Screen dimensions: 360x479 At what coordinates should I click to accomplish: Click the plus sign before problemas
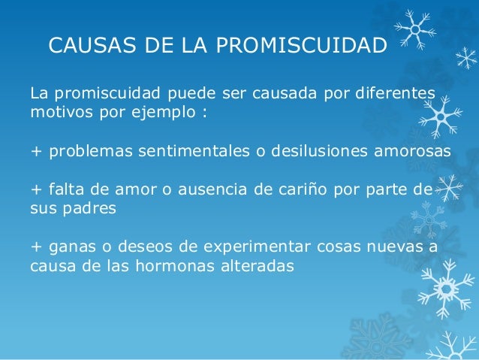click(35, 151)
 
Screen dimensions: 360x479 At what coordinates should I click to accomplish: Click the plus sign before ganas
click(35, 246)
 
